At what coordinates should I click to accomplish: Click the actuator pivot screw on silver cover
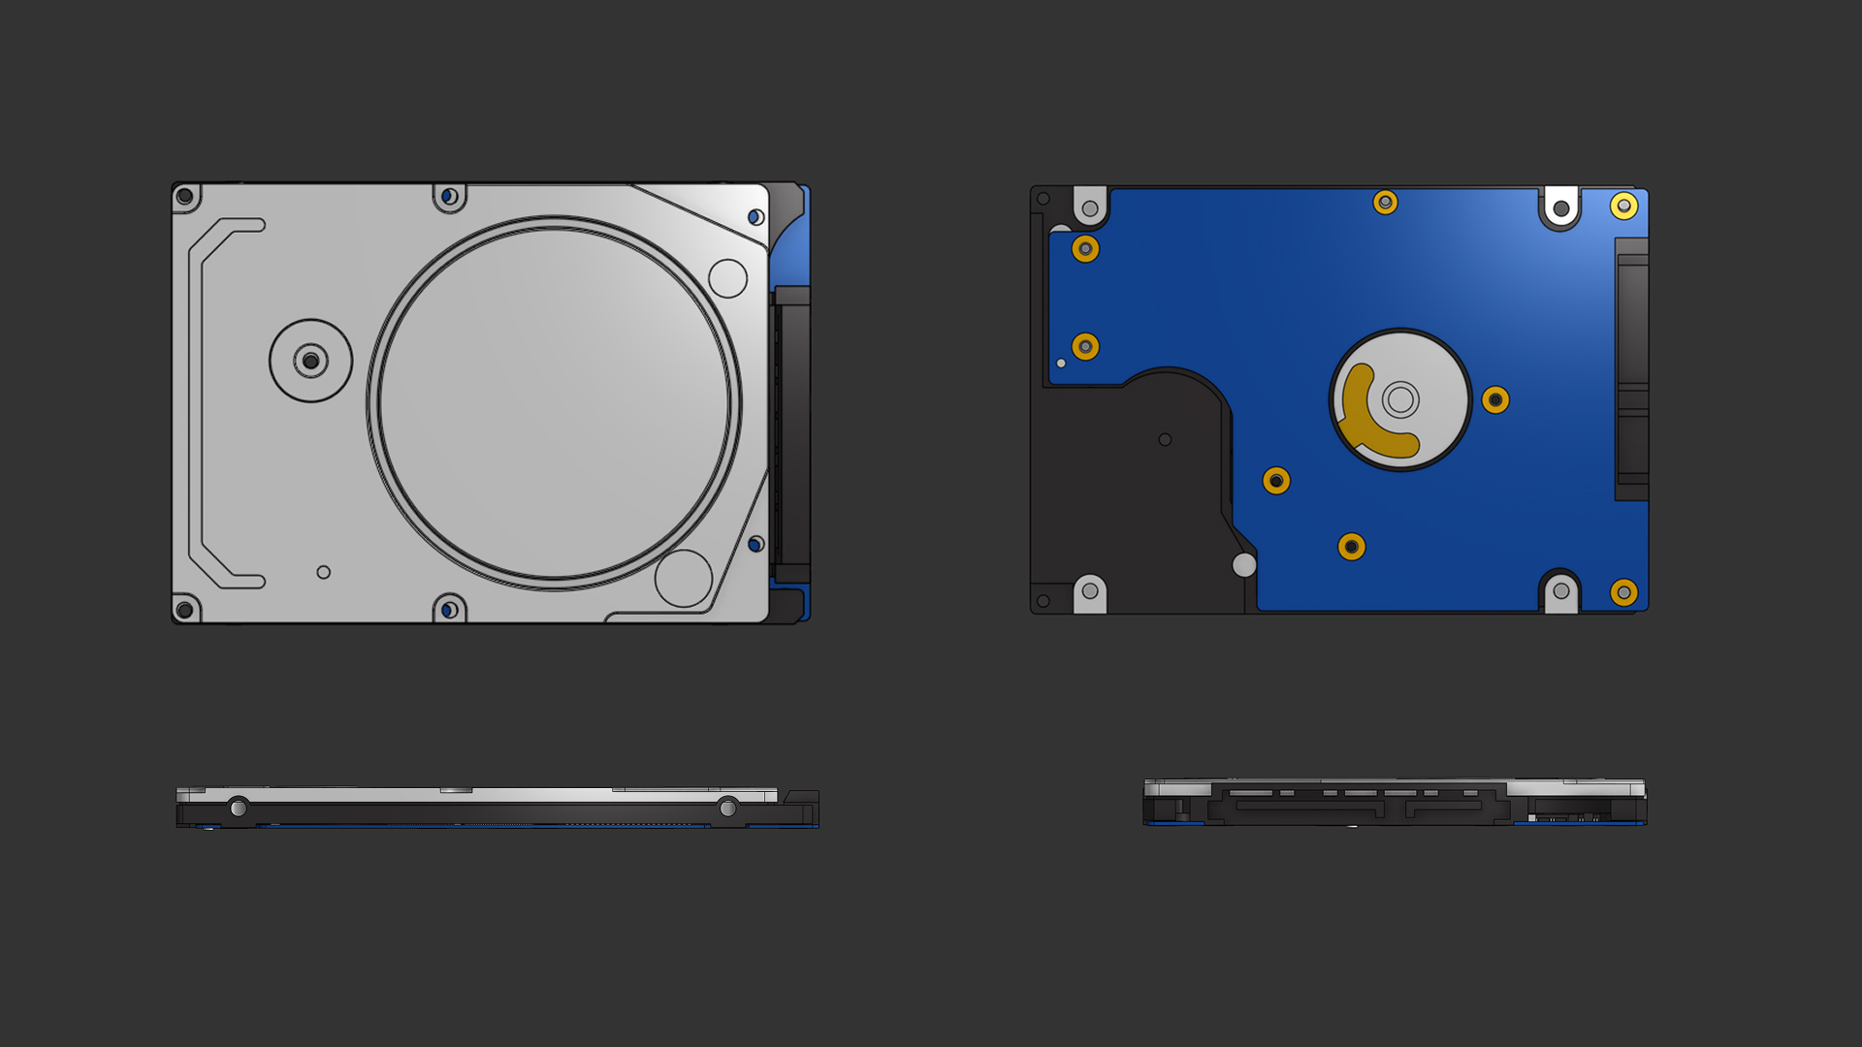[x=310, y=361]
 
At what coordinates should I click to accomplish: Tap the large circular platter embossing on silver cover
[x=554, y=402]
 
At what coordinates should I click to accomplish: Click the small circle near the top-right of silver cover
[x=727, y=278]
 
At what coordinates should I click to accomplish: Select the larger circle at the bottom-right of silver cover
[x=684, y=578]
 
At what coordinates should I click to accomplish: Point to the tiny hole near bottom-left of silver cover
[x=324, y=572]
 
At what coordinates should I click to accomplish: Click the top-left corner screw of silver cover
[x=184, y=197]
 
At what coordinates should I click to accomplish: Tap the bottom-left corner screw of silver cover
[x=184, y=610]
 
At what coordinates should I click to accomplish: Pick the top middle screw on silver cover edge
[x=449, y=197]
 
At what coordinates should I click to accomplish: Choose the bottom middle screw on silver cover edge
[x=449, y=610]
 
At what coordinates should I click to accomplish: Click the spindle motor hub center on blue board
[x=1400, y=398]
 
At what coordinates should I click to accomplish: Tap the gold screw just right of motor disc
[x=1495, y=399]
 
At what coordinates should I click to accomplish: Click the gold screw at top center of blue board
[x=1385, y=203]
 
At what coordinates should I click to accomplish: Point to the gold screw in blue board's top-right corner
[x=1624, y=206]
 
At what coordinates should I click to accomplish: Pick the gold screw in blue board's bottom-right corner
[x=1624, y=592]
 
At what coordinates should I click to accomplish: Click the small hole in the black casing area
[x=1165, y=439]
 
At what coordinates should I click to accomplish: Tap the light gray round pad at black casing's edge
[x=1244, y=564]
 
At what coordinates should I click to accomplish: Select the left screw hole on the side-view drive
[x=239, y=808]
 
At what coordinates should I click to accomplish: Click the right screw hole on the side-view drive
[x=727, y=808]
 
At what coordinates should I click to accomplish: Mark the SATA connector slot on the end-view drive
[x=1358, y=804]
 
